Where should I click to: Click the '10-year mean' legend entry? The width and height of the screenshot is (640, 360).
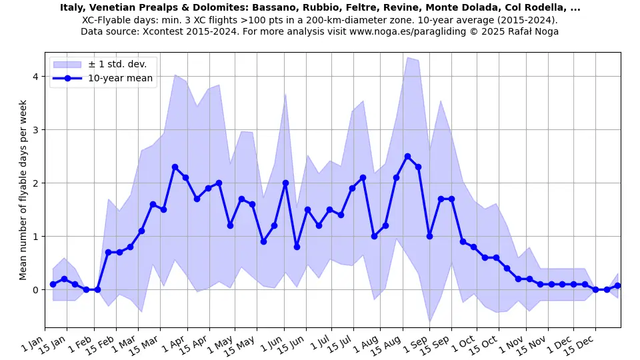tap(120, 78)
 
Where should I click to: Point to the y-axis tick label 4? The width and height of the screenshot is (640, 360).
tap(35, 77)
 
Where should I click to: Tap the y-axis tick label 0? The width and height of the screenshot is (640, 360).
tap(35, 290)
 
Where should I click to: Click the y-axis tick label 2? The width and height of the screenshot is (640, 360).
tap(35, 183)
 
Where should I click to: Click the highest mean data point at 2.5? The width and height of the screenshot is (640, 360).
tap(407, 156)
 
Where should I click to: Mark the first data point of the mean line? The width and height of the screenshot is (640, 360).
tap(53, 284)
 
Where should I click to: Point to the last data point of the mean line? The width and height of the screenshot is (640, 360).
tap(617, 285)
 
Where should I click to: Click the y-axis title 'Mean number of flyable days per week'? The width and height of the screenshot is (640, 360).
tap(23, 190)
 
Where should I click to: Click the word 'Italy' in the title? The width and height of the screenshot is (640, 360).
tap(72, 8)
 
